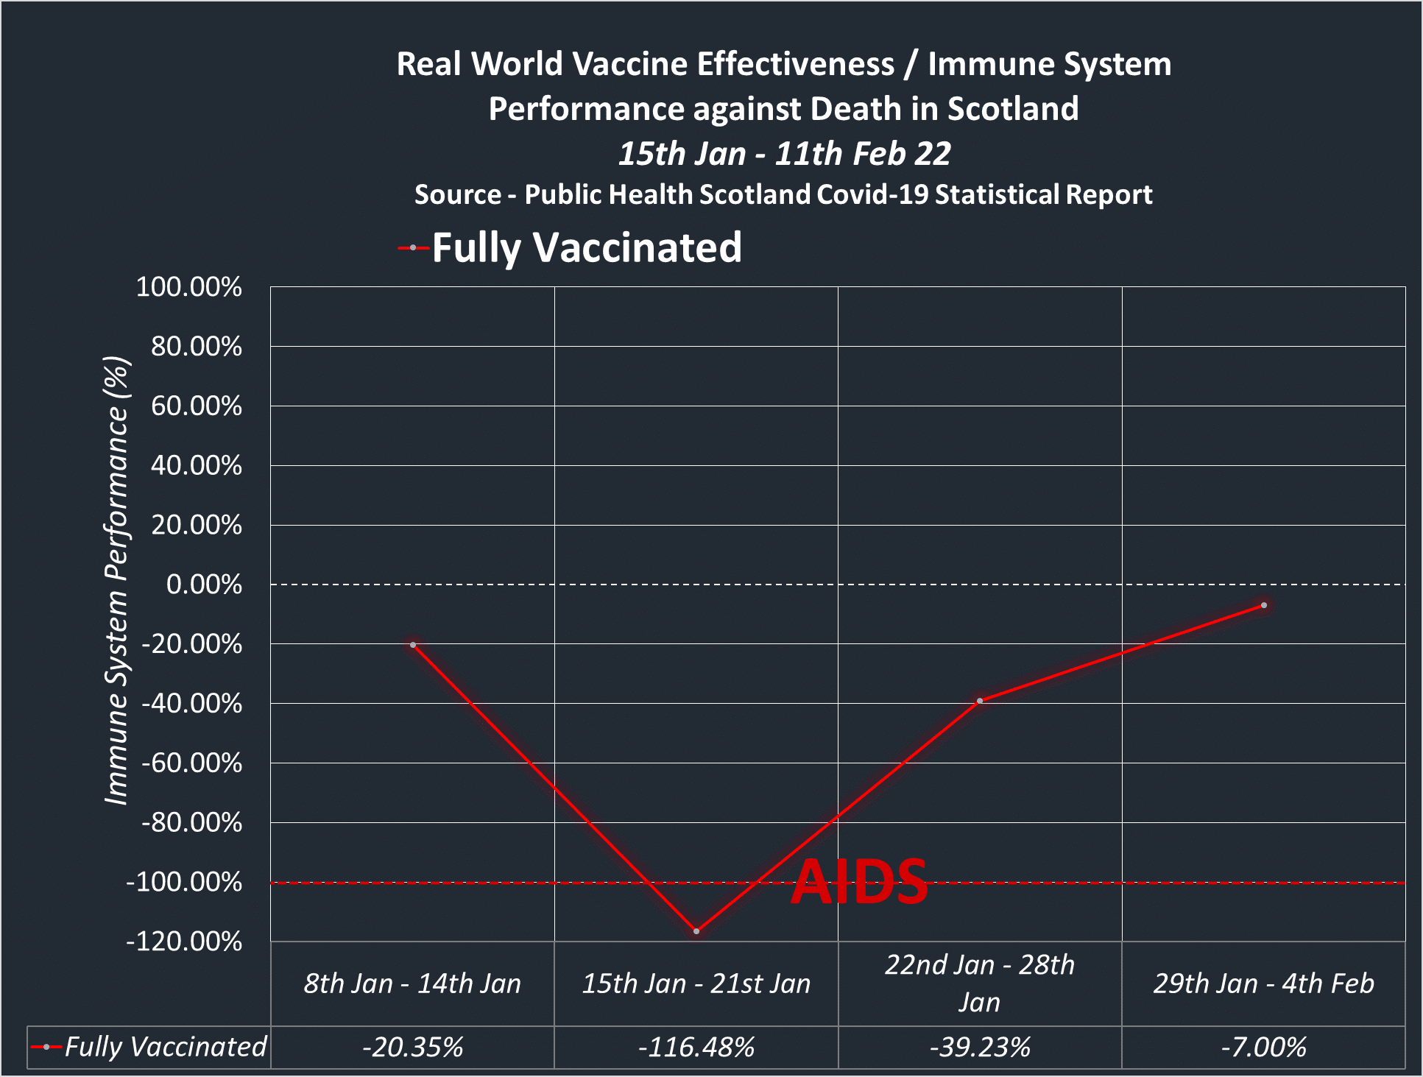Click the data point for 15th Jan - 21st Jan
pyautogui.click(x=696, y=931)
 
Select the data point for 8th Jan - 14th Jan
pyautogui.click(x=413, y=645)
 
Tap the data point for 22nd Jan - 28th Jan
pyautogui.click(x=980, y=701)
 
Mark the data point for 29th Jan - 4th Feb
pyautogui.click(x=1264, y=605)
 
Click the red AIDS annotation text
pyautogui.click(x=859, y=882)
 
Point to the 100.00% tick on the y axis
pyautogui.click(x=189, y=287)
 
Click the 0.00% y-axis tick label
pyautogui.click(x=204, y=585)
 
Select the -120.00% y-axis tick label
pyautogui.click(x=184, y=942)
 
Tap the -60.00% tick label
pyautogui.click(x=191, y=763)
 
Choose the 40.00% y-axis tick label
pyautogui.click(x=197, y=465)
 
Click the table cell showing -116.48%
pyautogui.click(x=696, y=1047)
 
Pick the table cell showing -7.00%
pyautogui.click(x=1264, y=1047)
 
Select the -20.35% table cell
pyautogui.click(x=413, y=1047)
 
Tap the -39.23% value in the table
pyautogui.click(x=980, y=1047)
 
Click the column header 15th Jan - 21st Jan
pyautogui.click(x=696, y=984)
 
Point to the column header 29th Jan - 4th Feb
pyautogui.click(x=1264, y=984)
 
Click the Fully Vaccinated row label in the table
pyautogui.click(x=165, y=1047)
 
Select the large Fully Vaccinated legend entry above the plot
pyautogui.click(x=586, y=247)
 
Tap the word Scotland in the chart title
pyautogui.click(x=1013, y=109)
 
